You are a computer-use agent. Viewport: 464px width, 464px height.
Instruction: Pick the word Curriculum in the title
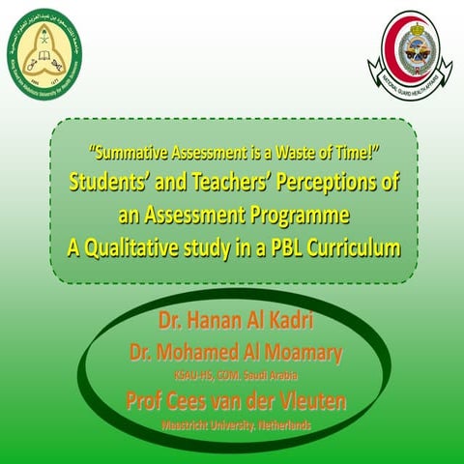click(x=354, y=246)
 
